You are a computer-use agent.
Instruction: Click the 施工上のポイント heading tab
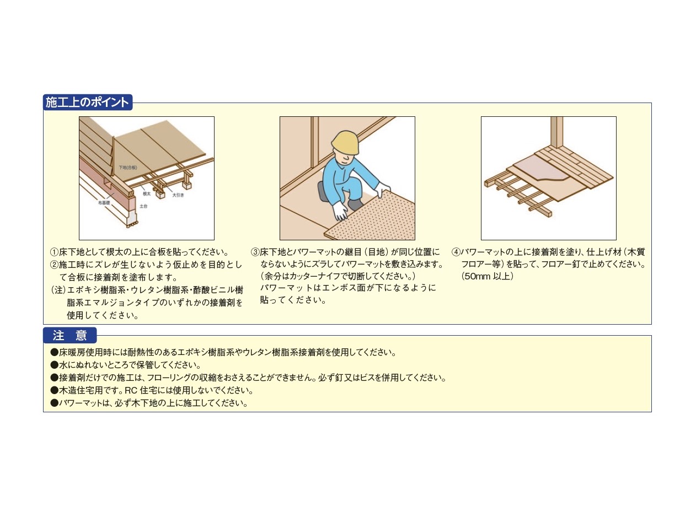(x=88, y=103)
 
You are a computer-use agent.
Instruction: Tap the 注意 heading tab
(x=69, y=335)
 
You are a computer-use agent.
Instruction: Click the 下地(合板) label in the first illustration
(x=128, y=168)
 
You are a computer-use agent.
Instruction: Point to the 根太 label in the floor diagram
(x=147, y=193)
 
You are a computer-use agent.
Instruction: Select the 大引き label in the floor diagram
(x=178, y=195)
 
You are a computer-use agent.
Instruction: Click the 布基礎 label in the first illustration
(x=104, y=202)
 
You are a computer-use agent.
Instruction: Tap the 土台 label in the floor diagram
(x=143, y=206)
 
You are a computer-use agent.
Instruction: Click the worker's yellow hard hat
(x=345, y=142)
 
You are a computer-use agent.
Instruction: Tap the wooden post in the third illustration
(x=556, y=132)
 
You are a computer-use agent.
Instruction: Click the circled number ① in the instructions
(x=54, y=252)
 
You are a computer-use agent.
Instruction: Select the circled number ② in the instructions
(x=54, y=265)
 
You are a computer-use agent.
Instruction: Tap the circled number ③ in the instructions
(x=255, y=252)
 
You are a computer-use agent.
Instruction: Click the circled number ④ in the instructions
(x=456, y=252)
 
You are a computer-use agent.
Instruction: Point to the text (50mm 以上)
(x=488, y=276)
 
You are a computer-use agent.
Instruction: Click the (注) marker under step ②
(x=58, y=290)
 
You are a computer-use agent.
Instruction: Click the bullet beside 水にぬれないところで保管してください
(x=55, y=365)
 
